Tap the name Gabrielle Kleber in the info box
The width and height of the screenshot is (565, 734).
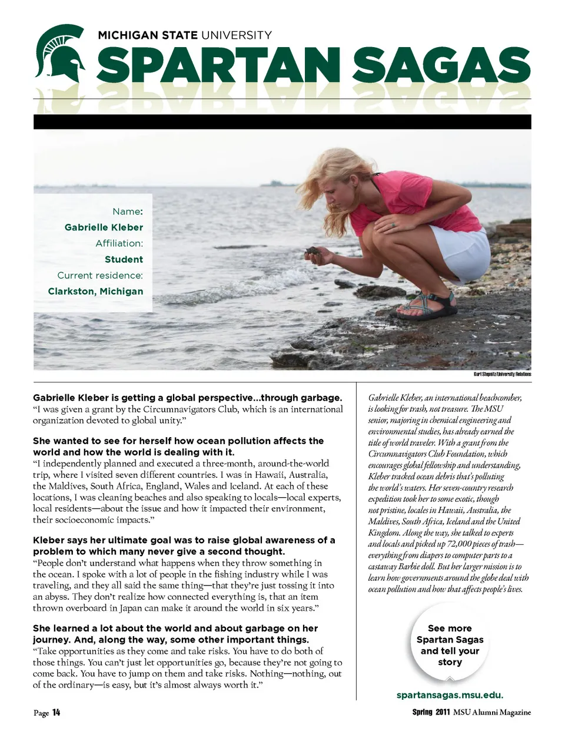click(x=104, y=227)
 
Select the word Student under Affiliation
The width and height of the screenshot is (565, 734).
click(x=124, y=259)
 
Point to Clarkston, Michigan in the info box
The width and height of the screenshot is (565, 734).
click(x=95, y=291)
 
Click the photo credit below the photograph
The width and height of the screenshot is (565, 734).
click(x=502, y=374)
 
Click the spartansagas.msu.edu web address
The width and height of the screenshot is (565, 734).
click(x=450, y=695)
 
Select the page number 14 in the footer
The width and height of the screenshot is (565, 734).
click(x=56, y=713)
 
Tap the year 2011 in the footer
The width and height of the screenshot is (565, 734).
click(x=443, y=712)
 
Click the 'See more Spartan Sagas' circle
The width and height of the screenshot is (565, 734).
click(x=450, y=645)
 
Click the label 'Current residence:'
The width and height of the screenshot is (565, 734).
click(x=100, y=275)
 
